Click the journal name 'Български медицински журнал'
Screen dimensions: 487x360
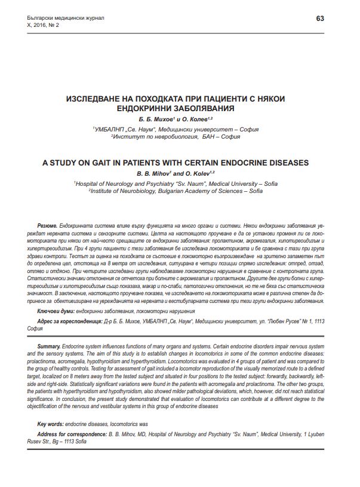tap(54, 19)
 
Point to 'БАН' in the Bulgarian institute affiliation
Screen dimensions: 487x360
tap(209, 136)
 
